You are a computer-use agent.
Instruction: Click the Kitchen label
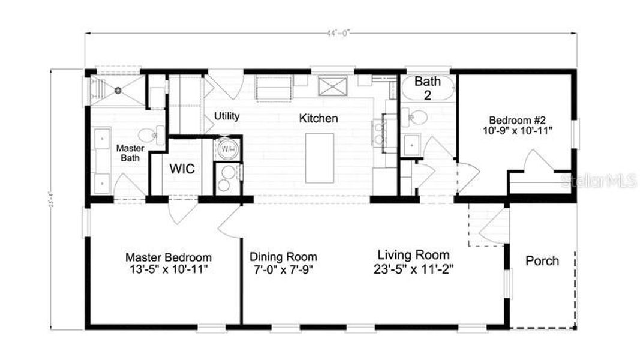(x=319, y=118)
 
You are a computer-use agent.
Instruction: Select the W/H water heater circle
(x=228, y=147)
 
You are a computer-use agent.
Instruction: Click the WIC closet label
(x=181, y=169)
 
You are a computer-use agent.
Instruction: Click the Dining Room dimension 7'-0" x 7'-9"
(x=283, y=269)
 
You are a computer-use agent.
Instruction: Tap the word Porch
(x=542, y=261)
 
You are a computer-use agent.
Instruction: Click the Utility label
(x=227, y=116)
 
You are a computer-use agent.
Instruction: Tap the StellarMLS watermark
(x=598, y=181)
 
